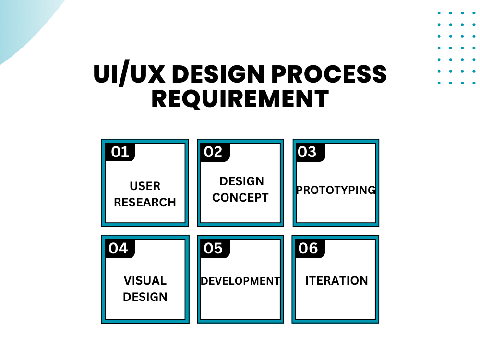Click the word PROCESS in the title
coord(329,74)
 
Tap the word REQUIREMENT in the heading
coord(240,99)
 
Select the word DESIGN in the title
coord(218,74)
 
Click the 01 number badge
coord(120,152)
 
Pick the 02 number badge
coord(215,152)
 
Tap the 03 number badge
coord(311,152)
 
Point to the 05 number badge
coord(215,248)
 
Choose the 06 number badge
coord(310,248)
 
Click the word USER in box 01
coord(145,186)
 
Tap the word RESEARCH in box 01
coord(145,203)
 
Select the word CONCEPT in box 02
coord(240,198)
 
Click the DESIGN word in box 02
coord(241,181)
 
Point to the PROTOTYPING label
coord(336,190)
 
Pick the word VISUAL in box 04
coord(145,281)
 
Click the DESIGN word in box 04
coord(145,297)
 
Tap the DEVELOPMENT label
coord(240,281)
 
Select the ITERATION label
coord(337,281)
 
